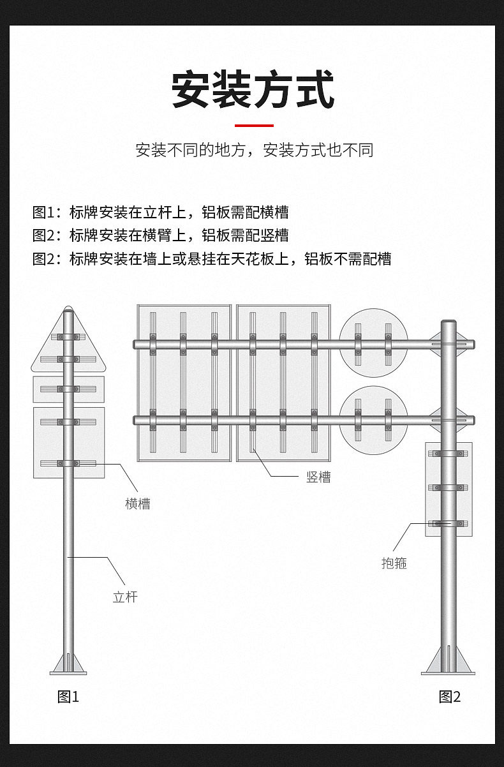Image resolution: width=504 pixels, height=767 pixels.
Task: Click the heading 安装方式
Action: pyautogui.click(x=253, y=90)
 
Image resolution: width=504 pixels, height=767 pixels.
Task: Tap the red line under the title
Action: pyautogui.click(x=254, y=126)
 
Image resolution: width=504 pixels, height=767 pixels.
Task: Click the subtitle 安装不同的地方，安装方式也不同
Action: pyautogui.click(x=254, y=151)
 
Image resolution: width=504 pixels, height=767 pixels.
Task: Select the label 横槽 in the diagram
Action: pyautogui.click(x=138, y=504)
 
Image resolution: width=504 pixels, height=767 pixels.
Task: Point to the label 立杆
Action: pyautogui.click(x=125, y=597)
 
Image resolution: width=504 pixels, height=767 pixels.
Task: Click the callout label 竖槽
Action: pyautogui.click(x=318, y=477)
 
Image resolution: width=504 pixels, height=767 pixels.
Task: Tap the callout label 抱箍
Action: pyautogui.click(x=394, y=563)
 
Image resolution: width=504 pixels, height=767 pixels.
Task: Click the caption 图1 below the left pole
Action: pyautogui.click(x=68, y=697)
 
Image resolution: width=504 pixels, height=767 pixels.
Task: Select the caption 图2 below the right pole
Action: pyautogui.click(x=450, y=697)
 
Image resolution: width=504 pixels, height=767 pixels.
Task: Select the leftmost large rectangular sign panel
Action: pyautogui.click(x=184, y=383)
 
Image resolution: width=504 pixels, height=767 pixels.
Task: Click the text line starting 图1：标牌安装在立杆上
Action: pyautogui.click(x=161, y=212)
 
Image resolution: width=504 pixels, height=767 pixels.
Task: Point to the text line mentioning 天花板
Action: pyautogui.click(x=212, y=258)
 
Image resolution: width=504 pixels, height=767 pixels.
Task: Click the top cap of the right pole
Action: pyautogui.click(x=449, y=323)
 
